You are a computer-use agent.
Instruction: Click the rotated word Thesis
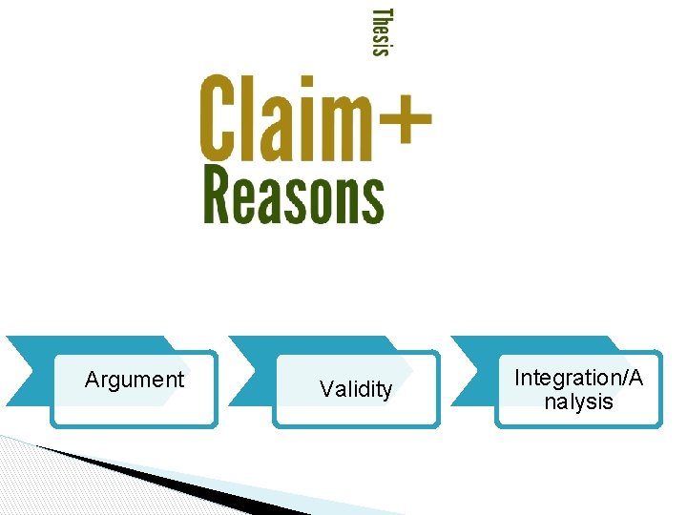pos(381,32)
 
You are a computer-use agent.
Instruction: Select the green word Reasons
pos(294,196)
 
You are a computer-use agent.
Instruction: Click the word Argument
pos(135,380)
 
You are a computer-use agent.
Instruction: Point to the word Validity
pos(356,389)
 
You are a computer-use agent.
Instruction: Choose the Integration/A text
pos(579,378)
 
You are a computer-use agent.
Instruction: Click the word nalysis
pos(579,402)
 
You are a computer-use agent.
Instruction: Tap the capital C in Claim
pos(219,119)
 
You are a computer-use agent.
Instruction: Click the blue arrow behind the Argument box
pos(29,372)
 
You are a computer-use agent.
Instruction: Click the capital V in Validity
pos(326,389)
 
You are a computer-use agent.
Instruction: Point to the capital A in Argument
pos(92,380)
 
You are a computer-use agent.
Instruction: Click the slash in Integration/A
pos(626,378)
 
